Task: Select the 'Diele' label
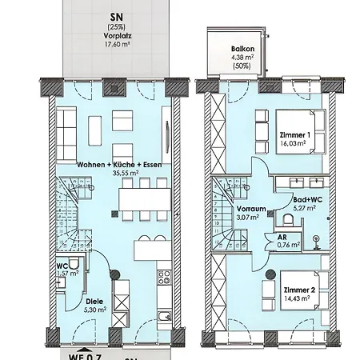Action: (93, 302)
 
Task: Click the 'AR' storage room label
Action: (282, 237)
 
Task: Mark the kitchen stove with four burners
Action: (165, 278)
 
